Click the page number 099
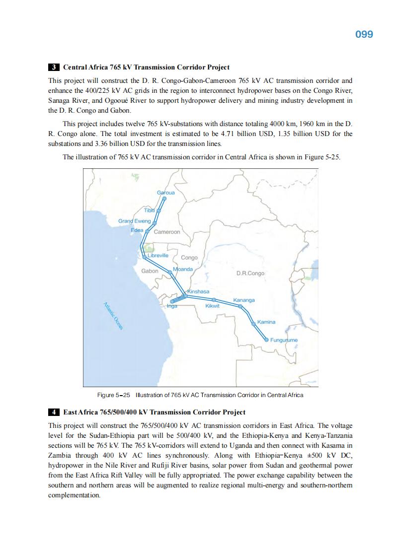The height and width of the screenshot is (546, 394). pos(364,34)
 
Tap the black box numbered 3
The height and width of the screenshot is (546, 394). pos(54,67)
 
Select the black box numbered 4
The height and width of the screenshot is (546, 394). pos(54,412)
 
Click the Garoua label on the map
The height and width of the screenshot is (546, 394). pos(166,193)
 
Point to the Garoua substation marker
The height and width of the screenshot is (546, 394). pos(164,199)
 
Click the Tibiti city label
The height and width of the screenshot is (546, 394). pos(150,210)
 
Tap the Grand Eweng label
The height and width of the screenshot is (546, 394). pos(134,221)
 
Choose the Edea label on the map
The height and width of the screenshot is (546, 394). pos(137,230)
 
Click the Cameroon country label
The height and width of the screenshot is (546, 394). pos(167,232)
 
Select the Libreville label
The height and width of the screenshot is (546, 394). pos(158,255)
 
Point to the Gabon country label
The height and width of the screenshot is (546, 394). pos(150,271)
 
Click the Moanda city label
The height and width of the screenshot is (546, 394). pos(183,269)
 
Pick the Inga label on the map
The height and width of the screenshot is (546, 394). pos(172,306)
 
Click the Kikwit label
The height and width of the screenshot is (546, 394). pos(213,306)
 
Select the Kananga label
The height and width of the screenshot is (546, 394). pos(244,300)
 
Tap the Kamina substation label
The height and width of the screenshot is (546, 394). pos(266,322)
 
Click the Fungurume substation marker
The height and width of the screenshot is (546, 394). pos(266,340)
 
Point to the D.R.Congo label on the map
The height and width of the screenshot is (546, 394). pos(250,273)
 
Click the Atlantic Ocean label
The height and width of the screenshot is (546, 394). pos(113,315)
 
